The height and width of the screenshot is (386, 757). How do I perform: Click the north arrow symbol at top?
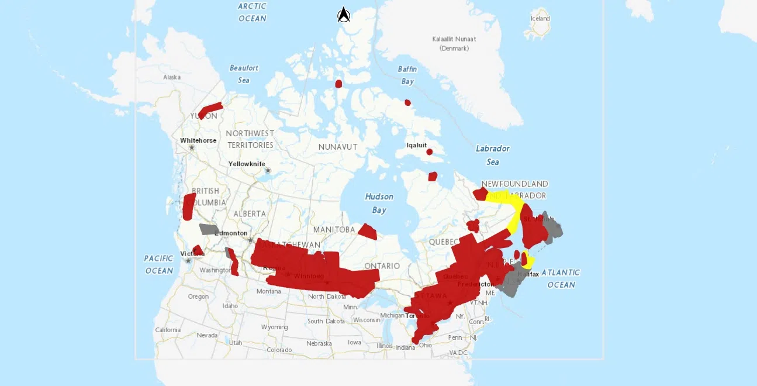344,15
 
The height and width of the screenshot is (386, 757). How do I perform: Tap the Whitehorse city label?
198,140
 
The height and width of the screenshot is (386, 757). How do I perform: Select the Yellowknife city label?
247,164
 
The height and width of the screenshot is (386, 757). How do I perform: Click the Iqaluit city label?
417,145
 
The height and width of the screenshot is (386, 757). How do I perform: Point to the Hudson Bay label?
379,203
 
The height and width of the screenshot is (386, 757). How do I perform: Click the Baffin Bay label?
407,75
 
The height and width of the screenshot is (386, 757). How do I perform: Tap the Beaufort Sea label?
244,74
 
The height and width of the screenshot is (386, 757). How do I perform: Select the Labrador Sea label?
492,155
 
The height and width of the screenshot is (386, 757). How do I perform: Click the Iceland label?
540,19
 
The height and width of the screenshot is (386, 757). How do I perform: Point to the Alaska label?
172,77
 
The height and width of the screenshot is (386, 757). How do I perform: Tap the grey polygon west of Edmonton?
208,229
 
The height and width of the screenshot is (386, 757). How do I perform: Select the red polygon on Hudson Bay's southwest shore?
368,232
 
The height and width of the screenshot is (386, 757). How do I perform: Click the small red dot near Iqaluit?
429,152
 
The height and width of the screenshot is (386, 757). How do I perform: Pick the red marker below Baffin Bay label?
407,103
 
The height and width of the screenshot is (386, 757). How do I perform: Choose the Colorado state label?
279,350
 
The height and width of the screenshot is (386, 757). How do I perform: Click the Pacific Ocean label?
159,264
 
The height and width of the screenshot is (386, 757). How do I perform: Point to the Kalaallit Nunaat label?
454,43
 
